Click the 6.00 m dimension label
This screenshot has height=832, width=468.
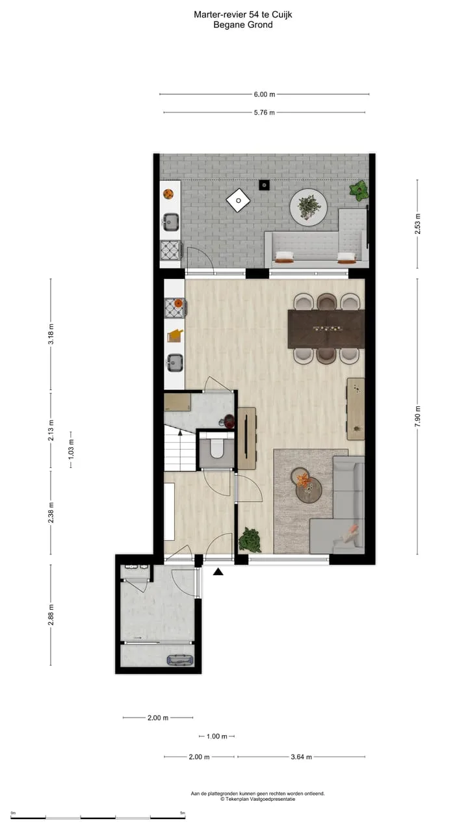coord(265,94)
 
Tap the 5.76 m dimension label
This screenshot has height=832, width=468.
coord(265,112)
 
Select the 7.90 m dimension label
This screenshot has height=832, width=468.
coord(417,416)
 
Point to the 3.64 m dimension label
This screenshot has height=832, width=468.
coord(301,757)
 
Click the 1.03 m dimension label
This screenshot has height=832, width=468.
coord(71,448)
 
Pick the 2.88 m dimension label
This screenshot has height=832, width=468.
coord(51,615)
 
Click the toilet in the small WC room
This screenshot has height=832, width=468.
coord(216,448)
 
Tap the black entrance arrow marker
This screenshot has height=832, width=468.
coord(218,571)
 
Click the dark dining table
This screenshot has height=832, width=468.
coord(326,329)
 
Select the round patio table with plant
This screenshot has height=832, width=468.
coord(308,207)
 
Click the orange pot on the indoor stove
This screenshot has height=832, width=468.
coord(179,303)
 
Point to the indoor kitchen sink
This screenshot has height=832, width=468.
coord(175,362)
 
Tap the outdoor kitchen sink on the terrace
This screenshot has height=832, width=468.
coord(170,222)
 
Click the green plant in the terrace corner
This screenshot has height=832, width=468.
coord(359,190)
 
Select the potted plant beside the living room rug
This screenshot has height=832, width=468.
coord(250,539)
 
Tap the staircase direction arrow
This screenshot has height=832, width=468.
coord(180,432)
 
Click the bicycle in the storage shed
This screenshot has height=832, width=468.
coord(180,660)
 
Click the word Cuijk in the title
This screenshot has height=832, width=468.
coord(282,15)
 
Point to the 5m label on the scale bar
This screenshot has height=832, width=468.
coord(183,813)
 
